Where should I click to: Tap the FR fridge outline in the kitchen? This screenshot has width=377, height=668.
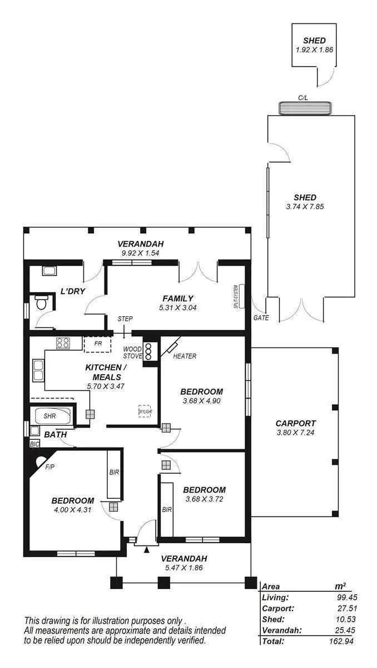(x=97, y=344)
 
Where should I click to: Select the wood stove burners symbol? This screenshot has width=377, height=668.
(x=148, y=351)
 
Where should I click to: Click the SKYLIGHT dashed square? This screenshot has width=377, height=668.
(x=145, y=411)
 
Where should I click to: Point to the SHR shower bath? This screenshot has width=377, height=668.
(x=50, y=416)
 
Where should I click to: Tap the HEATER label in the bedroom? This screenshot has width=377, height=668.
(x=185, y=356)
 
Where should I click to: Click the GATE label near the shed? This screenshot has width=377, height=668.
(x=261, y=318)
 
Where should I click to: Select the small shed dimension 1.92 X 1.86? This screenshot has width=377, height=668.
(x=314, y=50)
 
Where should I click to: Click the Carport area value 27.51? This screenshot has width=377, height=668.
(x=344, y=608)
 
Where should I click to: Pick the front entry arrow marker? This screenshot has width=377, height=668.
(x=146, y=550)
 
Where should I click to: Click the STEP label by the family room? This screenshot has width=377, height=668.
(x=125, y=319)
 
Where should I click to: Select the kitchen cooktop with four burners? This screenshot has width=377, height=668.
(x=62, y=343)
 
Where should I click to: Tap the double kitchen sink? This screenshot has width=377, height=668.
(x=38, y=370)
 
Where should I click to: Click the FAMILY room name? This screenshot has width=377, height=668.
(x=178, y=298)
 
